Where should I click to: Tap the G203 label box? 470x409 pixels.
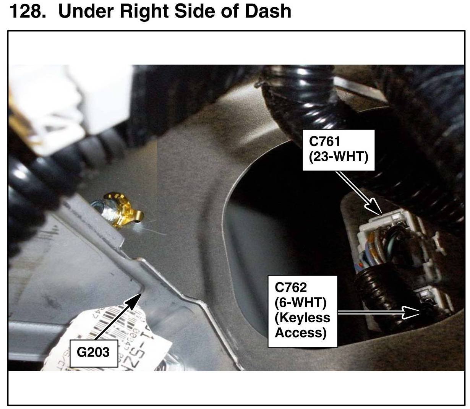click(93, 352)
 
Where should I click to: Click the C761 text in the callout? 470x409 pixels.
click(324, 141)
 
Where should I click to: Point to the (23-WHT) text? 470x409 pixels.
click(339, 156)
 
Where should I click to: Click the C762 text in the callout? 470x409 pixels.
click(290, 287)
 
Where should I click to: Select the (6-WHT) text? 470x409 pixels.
click(300, 302)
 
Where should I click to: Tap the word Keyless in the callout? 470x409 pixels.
click(302, 318)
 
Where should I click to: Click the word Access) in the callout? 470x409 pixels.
click(301, 333)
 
